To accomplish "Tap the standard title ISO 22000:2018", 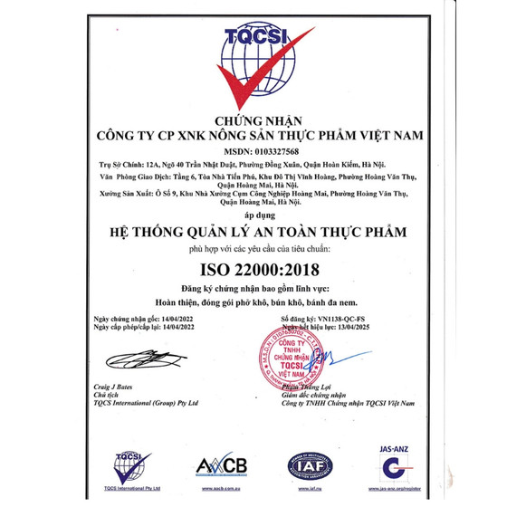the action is (253, 269).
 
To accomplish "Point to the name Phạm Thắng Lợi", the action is (307, 386).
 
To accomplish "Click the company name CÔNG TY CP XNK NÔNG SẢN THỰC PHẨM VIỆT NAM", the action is (254, 136).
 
